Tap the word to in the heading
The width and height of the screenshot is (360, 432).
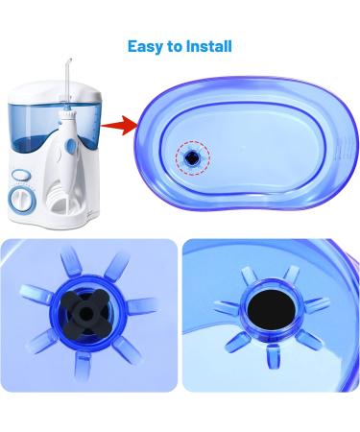(x=175, y=47)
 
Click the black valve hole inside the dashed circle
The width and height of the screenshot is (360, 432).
(x=192, y=157)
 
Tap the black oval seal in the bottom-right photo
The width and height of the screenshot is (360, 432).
(x=272, y=310)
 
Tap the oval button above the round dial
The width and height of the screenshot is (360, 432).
(x=21, y=176)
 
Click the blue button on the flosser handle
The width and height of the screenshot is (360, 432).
(x=71, y=147)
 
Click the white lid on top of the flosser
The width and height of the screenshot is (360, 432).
(x=55, y=92)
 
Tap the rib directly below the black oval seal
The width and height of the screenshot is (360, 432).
(x=272, y=355)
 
